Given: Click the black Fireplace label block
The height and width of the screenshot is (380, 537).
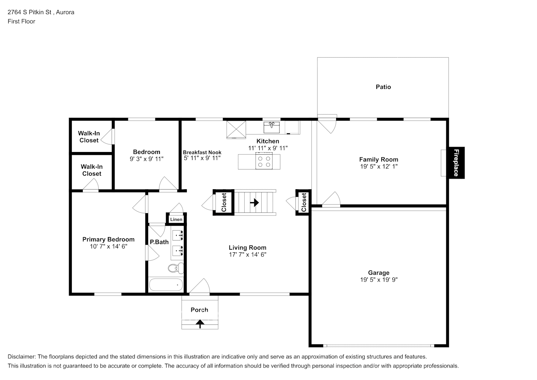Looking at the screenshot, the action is tap(457, 163).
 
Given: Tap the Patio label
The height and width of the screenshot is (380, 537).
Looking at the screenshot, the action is tap(383, 87).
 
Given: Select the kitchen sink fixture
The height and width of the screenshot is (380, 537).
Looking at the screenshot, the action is tap(272, 127).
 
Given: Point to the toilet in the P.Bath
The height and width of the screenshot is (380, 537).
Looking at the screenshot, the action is tap(176, 268).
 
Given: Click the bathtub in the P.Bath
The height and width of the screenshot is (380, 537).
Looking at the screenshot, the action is tap(166, 285).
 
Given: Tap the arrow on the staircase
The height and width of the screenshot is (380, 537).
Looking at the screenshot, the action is tap(254, 203).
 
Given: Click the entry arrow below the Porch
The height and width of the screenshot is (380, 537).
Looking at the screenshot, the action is tap(200, 324).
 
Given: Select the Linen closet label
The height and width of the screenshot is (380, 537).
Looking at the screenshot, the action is tap(176, 219).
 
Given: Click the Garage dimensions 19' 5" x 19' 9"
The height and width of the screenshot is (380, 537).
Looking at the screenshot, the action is tap(379, 279).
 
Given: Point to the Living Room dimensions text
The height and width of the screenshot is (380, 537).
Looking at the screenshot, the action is tap(247, 254).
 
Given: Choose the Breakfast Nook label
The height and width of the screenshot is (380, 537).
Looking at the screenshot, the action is tap(202, 152).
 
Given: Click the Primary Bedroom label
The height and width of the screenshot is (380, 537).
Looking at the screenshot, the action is tap(108, 239).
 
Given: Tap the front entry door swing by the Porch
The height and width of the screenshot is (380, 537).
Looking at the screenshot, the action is tap(200, 286).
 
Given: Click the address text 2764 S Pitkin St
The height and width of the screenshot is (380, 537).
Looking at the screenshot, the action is tap(30, 12).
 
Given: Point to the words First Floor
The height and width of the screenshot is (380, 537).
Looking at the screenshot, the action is tap(21, 21).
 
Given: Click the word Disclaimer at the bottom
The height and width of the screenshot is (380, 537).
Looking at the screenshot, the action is tap(22, 356).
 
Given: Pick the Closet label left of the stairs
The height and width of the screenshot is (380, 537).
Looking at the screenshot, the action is tap(224, 202).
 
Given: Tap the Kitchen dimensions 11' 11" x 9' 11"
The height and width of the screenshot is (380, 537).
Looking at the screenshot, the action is tap(268, 148).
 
